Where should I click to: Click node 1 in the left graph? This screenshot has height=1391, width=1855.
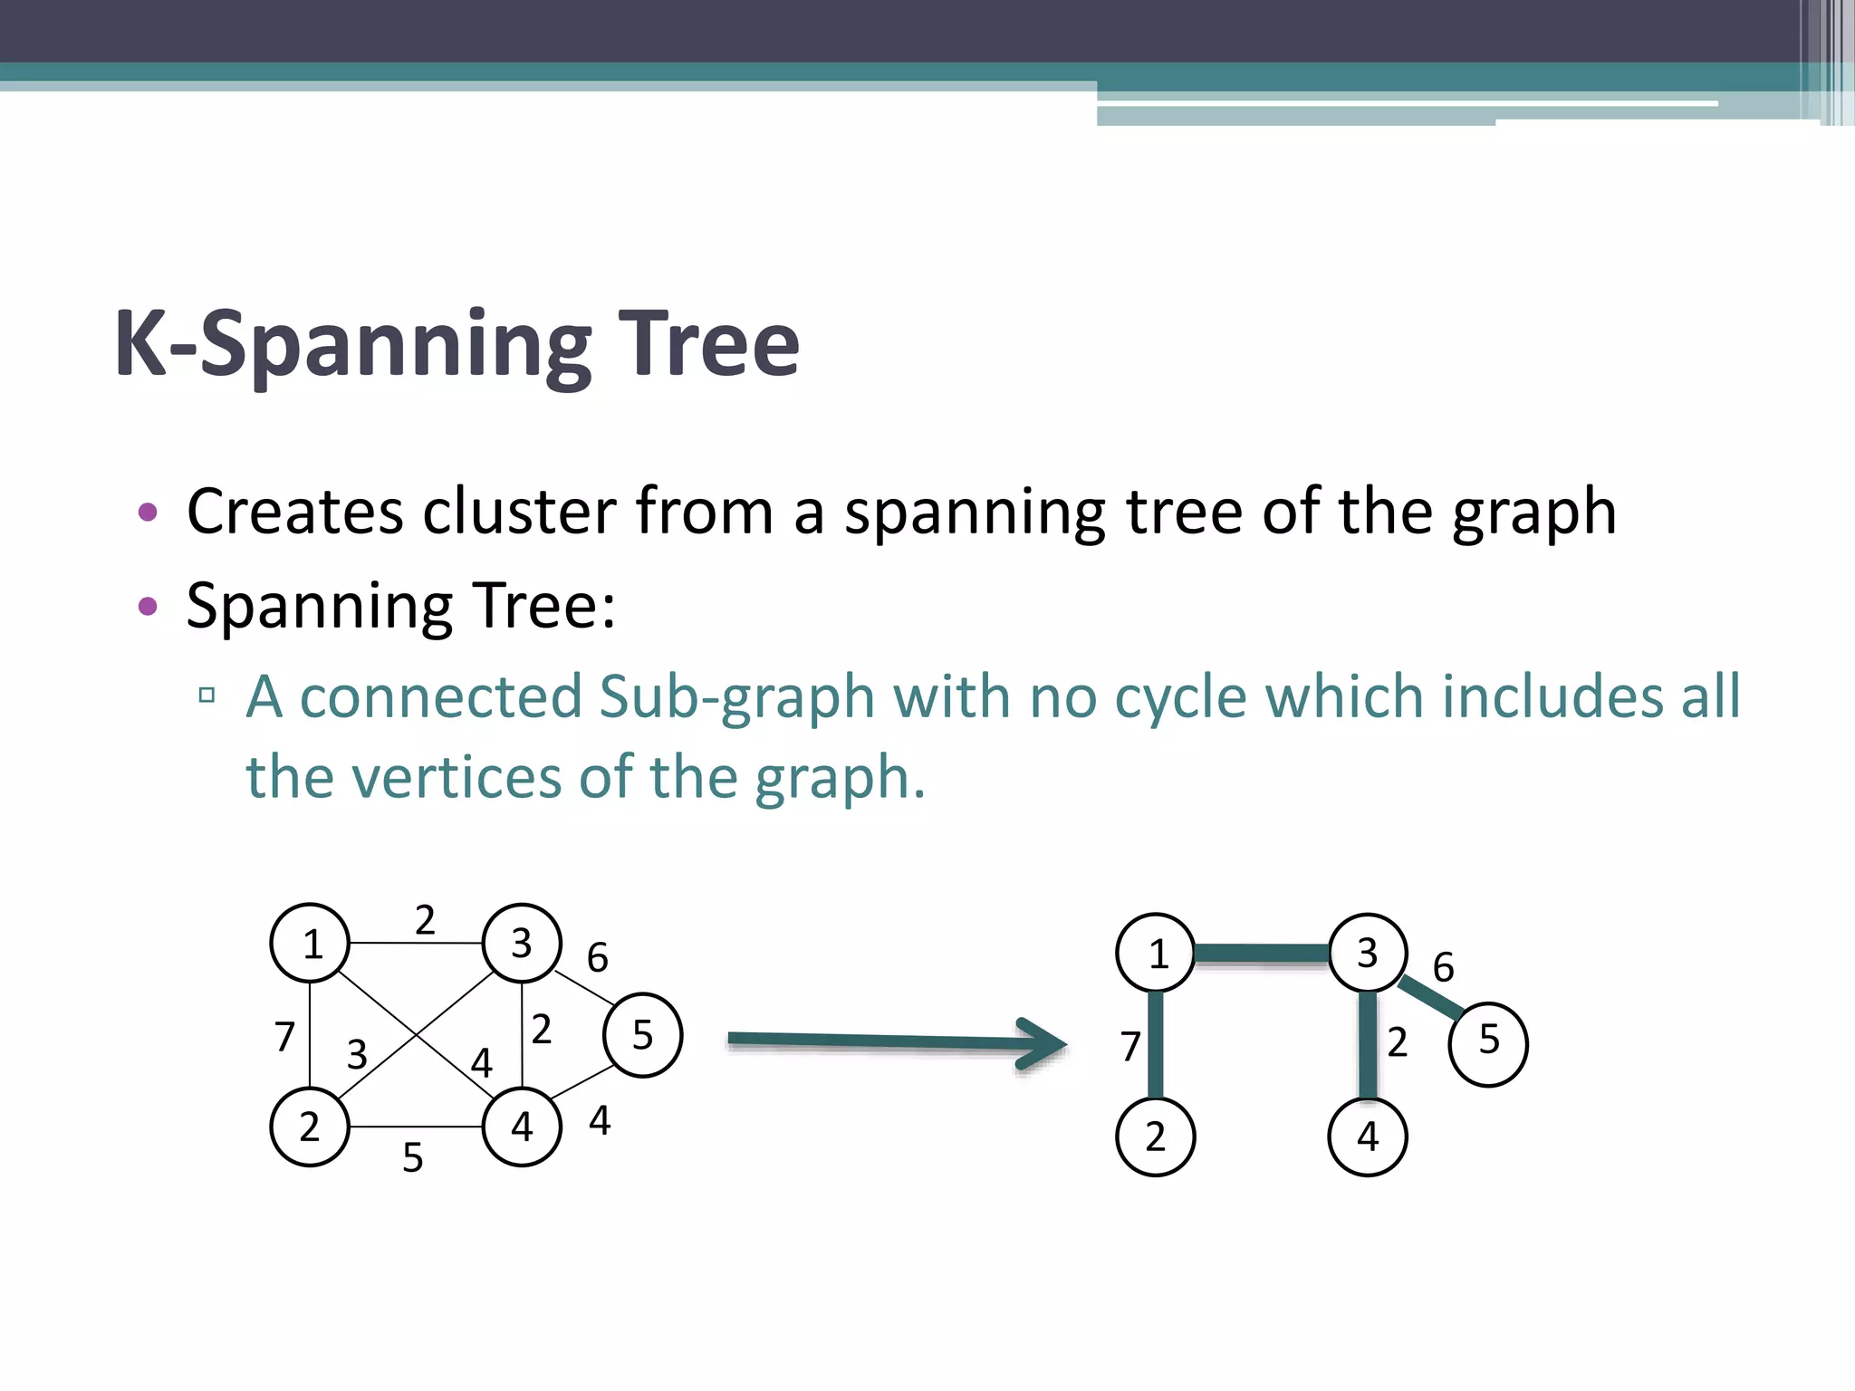310,943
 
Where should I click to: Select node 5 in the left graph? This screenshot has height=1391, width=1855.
642,1034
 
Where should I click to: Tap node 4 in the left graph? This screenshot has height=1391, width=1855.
522,1127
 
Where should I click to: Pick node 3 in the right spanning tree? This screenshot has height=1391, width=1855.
1368,953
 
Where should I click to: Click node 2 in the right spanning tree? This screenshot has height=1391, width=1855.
1155,1137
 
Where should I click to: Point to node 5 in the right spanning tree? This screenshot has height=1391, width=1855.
1488,1043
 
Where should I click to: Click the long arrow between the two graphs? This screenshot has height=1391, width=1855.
897,1042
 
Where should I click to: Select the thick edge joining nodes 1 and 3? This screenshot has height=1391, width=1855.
1261,953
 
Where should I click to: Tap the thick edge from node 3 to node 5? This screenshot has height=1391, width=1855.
1431,998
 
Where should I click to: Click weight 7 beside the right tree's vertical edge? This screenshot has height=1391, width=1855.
1129,1047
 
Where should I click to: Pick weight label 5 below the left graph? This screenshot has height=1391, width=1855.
413,1158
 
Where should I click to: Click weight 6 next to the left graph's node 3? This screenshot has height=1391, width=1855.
597,958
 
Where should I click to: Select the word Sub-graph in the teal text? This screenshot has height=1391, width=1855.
736,697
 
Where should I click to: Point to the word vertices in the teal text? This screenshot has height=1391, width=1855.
456,777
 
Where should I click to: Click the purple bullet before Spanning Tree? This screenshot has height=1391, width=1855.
148,605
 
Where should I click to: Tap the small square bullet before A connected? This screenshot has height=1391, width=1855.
207,695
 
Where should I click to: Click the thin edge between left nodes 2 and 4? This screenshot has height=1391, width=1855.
415,1127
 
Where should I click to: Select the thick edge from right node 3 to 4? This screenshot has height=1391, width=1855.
1368,1045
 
